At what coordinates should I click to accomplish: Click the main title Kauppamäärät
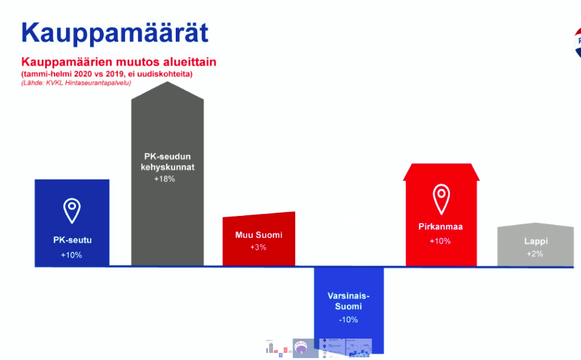tap(115, 32)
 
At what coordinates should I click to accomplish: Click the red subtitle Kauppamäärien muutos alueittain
tap(119, 62)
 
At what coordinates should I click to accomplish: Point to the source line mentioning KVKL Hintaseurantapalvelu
tap(76, 83)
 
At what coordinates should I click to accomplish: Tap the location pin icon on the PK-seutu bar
tap(72, 211)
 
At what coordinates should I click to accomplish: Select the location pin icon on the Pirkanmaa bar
tap(442, 199)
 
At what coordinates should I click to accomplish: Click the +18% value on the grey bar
tap(165, 179)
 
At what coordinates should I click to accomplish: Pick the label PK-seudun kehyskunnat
tap(167, 162)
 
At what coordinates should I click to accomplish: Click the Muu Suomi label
tap(259, 235)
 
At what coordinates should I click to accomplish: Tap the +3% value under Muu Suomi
tap(258, 247)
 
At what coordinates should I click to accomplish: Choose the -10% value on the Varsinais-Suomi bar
tap(348, 320)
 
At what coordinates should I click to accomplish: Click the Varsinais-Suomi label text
tap(348, 301)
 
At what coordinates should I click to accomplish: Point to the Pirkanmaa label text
tap(440, 227)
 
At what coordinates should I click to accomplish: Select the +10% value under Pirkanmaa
tap(440, 241)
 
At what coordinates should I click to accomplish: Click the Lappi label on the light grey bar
tap(536, 241)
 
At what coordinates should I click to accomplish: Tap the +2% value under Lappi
tap(535, 254)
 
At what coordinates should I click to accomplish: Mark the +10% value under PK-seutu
tap(71, 255)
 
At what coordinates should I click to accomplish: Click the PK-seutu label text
tap(72, 240)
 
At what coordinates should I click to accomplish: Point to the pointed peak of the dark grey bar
tap(167, 82)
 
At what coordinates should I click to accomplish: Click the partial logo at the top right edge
tap(577, 42)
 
